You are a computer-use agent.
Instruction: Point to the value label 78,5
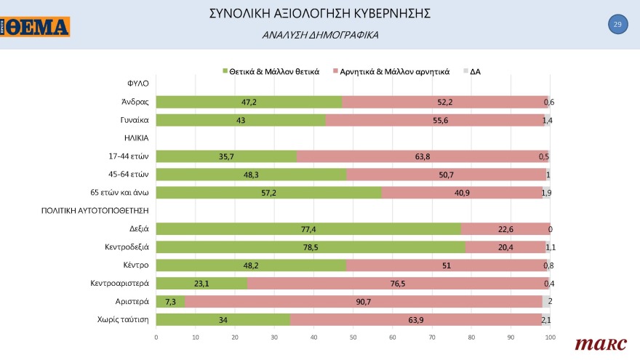(x=311, y=247)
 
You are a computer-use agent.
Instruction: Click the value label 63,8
(x=423, y=156)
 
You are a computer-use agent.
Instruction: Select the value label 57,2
(x=268, y=193)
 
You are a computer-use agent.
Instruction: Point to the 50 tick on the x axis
(x=353, y=337)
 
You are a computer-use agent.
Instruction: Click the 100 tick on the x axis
(x=551, y=337)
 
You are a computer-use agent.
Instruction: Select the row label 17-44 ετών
(x=128, y=156)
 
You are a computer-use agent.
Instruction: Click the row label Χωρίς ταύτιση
(x=123, y=319)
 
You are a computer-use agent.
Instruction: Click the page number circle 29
(x=617, y=25)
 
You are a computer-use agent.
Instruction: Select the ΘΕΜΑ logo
(x=36, y=27)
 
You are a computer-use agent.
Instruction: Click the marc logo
(x=596, y=343)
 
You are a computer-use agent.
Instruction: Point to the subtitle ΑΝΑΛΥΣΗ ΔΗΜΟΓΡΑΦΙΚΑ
(x=320, y=35)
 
